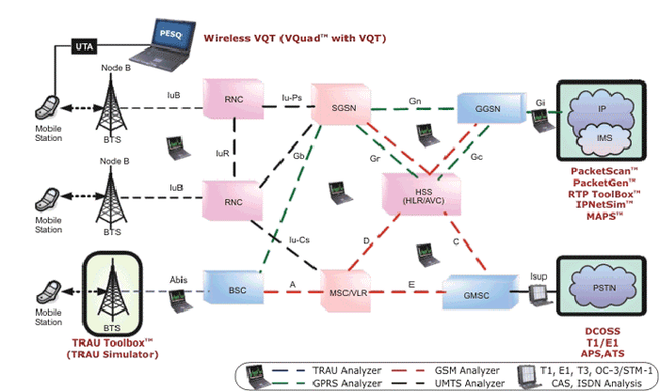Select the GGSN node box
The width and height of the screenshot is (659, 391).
(x=482, y=107)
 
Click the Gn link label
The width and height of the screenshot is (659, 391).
(x=414, y=100)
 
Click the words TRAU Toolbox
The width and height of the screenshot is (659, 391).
(x=111, y=345)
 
